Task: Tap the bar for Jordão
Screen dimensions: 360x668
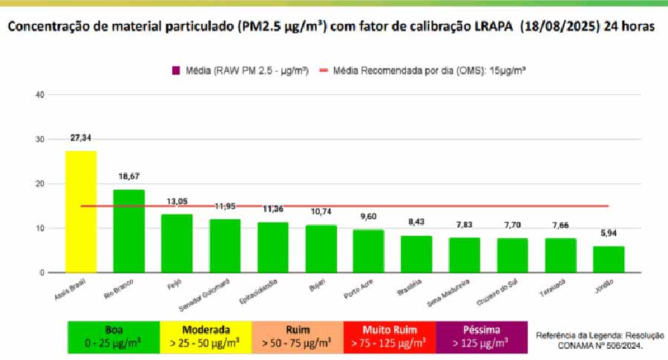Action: (609, 259)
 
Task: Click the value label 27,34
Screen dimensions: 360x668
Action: (81, 138)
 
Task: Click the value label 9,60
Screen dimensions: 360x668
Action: (369, 217)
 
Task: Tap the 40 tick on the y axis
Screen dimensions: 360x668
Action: (41, 95)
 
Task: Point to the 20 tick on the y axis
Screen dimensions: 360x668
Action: (41, 184)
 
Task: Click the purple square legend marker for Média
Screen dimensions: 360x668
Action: (176, 71)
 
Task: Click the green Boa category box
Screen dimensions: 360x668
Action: (114, 336)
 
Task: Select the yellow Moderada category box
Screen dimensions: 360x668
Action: (206, 336)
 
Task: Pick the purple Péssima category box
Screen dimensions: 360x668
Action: (482, 336)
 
